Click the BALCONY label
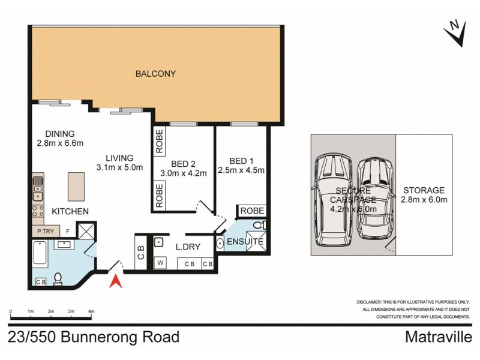point(155,74)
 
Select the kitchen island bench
point(75,187)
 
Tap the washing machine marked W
point(160,261)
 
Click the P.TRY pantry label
point(46,230)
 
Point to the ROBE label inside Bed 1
point(252,211)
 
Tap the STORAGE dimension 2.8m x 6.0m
point(424,200)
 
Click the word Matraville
point(441,337)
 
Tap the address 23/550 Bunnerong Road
point(94,337)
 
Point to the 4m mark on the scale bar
point(91,312)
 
